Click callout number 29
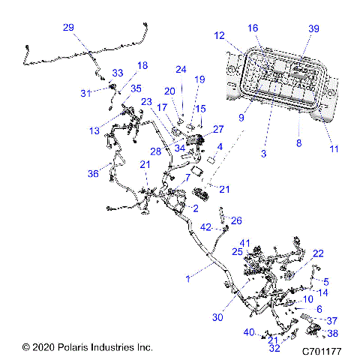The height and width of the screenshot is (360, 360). [68, 28]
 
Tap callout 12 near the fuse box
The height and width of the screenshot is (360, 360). [219, 35]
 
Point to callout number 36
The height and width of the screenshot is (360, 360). [93, 174]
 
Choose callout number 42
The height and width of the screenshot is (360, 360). [205, 226]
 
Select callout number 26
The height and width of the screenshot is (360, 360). [236, 220]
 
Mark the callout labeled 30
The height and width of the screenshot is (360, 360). [217, 318]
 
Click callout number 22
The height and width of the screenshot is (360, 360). [318, 253]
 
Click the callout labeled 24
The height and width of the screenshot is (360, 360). [180, 70]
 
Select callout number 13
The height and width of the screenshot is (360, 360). [93, 130]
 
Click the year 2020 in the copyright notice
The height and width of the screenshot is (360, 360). [44, 348]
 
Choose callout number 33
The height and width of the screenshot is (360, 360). [117, 73]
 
